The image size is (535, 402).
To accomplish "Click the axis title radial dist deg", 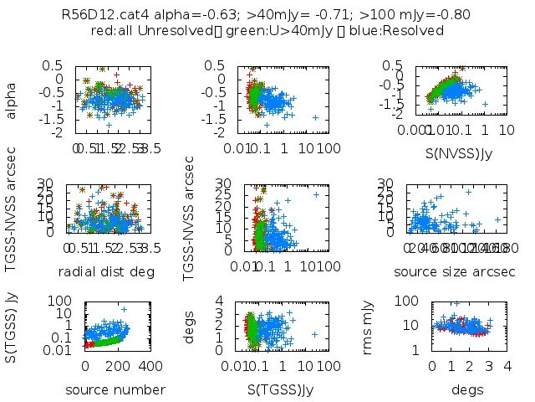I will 106,271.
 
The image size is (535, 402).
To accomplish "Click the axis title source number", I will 115,389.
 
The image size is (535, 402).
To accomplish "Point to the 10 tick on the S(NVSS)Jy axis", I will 507,132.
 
